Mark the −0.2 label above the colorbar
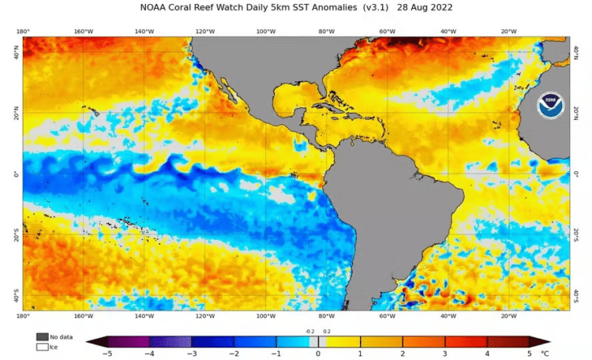pos(309,332)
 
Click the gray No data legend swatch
pos(41,336)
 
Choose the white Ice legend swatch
pos(41,347)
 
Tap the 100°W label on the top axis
pos(266,32)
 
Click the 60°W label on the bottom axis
pos(387,316)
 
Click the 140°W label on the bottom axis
pos(144,316)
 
